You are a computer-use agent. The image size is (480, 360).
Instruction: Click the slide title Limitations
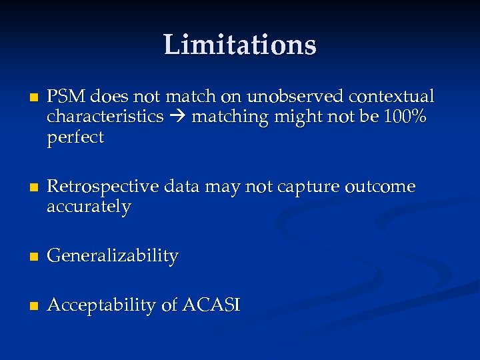(x=240, y=45)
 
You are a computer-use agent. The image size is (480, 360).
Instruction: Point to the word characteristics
(x=105, y=117)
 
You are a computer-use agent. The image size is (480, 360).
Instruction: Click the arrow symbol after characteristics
(x=177, y=117)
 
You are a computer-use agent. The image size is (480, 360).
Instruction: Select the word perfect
(x=75, y=138)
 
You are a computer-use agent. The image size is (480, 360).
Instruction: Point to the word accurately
(x=89, y=207)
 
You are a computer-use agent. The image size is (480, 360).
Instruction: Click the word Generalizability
(x=113, y=256)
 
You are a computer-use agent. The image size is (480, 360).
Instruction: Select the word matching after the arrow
(x=225, y=117)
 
